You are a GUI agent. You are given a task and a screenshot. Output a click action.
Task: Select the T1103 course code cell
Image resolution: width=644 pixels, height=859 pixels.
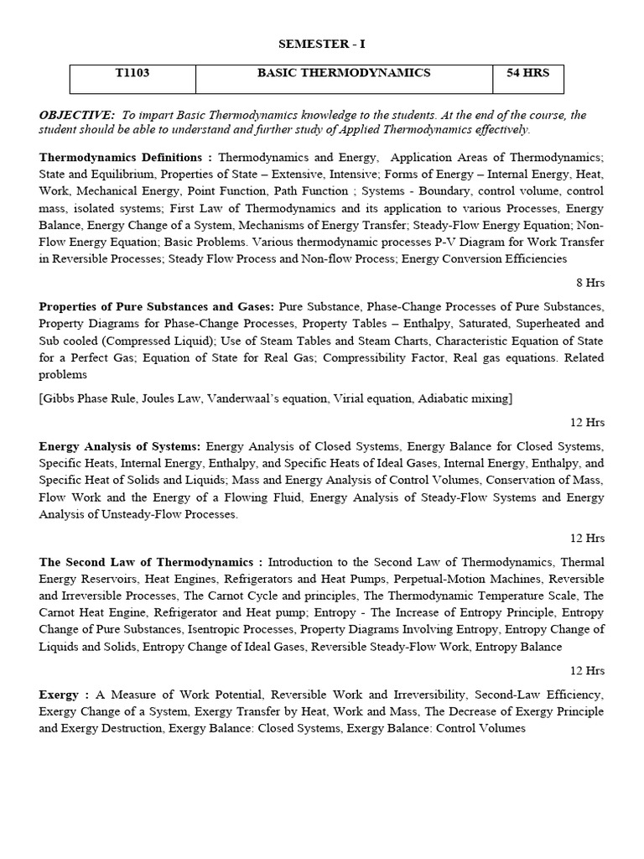[x=132, y=74]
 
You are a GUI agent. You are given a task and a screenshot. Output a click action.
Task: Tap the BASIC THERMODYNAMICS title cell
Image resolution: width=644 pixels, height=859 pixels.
[x=344, y=74]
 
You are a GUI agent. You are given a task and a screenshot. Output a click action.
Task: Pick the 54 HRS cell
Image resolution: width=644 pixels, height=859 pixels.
[x=527, y=74]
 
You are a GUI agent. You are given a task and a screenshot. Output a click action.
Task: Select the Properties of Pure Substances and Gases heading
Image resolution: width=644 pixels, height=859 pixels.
[x=157, y=307]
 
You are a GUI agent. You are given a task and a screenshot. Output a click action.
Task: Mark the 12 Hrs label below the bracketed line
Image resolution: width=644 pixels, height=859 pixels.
[x=587, y=422]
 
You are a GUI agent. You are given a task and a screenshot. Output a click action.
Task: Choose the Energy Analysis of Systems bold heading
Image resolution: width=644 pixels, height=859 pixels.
[x=120, y=446]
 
